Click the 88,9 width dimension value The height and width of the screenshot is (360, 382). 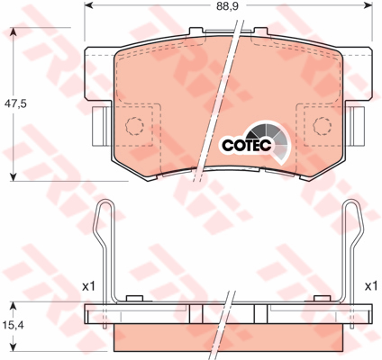tap(228, 6)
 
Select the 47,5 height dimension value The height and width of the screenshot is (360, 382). tap(15, 103)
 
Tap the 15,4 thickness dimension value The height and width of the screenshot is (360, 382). tap(13, 325)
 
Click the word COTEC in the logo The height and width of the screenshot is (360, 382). tap(247, 145)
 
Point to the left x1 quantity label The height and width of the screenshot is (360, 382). tap(88, 286)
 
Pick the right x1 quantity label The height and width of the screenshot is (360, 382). tap(370, 286)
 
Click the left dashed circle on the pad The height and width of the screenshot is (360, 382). tap(134, 126)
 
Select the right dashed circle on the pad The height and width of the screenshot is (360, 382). tap(323, 126)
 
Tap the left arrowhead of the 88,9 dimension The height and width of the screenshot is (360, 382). tap(88, 5)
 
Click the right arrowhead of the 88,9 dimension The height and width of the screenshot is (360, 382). tap(368, 5)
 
